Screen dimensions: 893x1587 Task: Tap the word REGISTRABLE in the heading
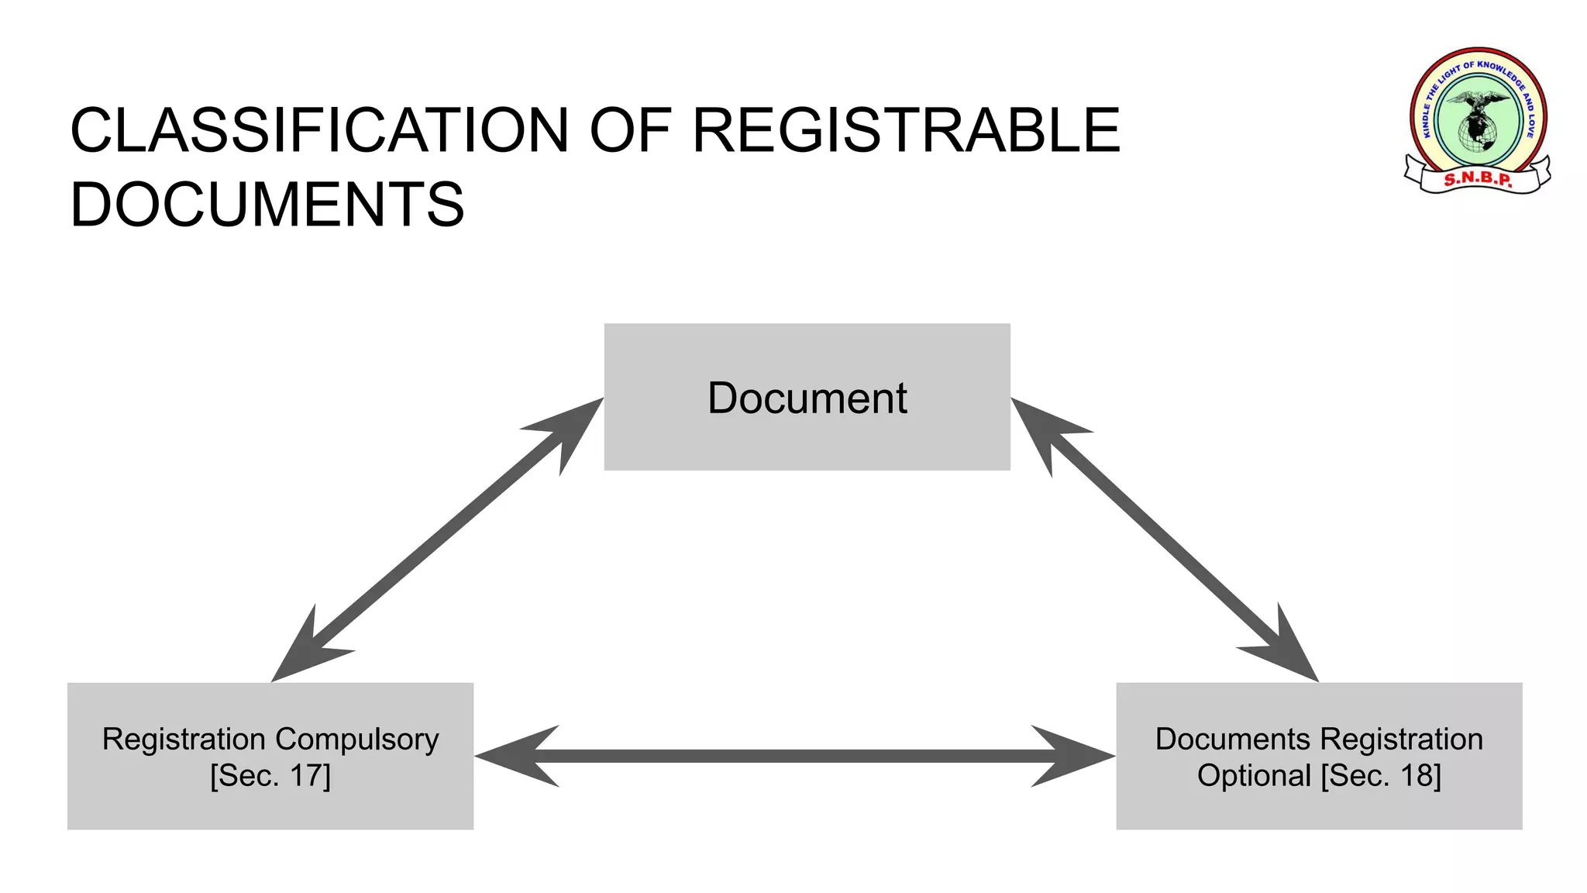906,130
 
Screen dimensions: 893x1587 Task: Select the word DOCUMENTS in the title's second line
267,205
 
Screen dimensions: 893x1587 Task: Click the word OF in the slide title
629,130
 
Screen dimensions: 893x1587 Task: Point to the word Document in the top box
807,398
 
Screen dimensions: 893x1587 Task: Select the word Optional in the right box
1254,776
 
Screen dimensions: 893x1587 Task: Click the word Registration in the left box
184,740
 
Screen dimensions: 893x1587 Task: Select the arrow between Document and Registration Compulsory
438,540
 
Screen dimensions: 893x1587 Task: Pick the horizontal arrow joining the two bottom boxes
795,757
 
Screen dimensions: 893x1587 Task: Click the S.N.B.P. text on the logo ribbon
1478,180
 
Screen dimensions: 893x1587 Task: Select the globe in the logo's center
1477,132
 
